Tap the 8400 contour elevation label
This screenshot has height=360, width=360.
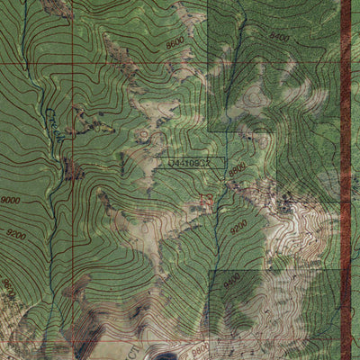tap(279, 38)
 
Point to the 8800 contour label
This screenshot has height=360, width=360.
tap(237, 169)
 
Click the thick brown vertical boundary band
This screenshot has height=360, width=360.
tap(346, 180)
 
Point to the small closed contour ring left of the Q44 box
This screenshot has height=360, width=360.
tap(144, 135)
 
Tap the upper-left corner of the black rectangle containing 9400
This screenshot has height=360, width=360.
tap(210, 270)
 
